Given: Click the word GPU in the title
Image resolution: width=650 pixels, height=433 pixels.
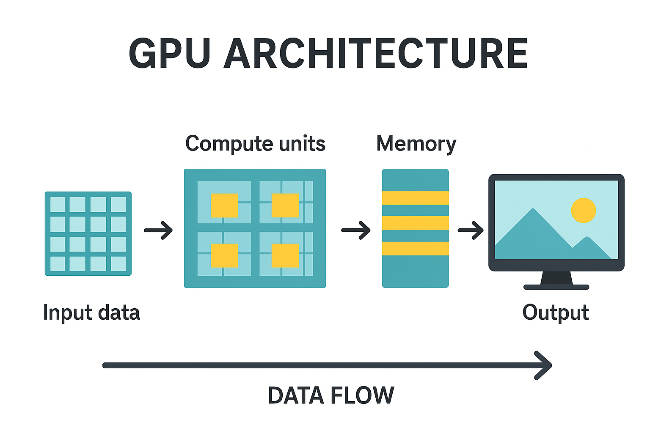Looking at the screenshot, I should (x=169, y=54).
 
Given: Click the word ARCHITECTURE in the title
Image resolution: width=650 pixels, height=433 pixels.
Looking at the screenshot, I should (x=376, y=54).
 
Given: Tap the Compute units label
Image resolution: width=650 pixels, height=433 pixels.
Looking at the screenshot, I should (x=255, y=144).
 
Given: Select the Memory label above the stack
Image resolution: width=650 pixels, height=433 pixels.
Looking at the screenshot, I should (x=416, y=144).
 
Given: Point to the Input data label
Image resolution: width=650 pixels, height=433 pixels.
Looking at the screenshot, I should (x=91, y=313).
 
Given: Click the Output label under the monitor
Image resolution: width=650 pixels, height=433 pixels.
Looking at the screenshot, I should (x=555, y=313).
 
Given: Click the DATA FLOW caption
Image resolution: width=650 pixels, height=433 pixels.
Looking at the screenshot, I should (x=331, y=395).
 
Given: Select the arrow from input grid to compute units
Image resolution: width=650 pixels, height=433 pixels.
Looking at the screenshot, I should (x=158, y=230).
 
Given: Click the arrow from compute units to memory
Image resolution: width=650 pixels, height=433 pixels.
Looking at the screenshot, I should (x=356, y=230).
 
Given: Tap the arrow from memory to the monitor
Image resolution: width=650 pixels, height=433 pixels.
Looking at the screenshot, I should (x=471, y=230).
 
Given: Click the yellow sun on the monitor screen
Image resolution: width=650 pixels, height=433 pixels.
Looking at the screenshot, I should (x=583, y=210).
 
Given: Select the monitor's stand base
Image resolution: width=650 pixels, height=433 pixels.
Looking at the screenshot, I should (x=556, y=287).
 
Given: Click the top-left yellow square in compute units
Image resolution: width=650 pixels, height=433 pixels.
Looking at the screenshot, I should (x=224, y=205).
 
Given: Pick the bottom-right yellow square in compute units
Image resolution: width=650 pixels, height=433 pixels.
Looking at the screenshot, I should (x=285, y=255).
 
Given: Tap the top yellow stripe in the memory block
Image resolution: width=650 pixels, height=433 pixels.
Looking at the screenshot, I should (x=415, y=197).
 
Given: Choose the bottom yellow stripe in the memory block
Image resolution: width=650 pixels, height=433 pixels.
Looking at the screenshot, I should (x=415, y=248).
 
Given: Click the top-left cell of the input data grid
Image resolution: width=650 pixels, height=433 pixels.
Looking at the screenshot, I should (x=58, y=205).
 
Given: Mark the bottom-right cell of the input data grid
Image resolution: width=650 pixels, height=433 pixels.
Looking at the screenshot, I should (x=118, y=264).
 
